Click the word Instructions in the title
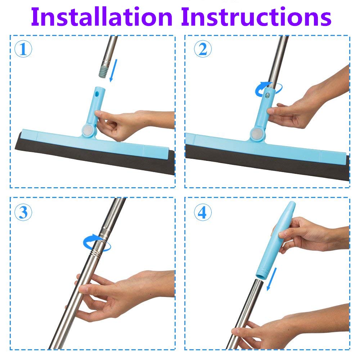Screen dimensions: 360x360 [x=256, y=17]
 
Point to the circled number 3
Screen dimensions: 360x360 [x=23, y=213]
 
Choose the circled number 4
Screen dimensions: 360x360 [x=203, y=213]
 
